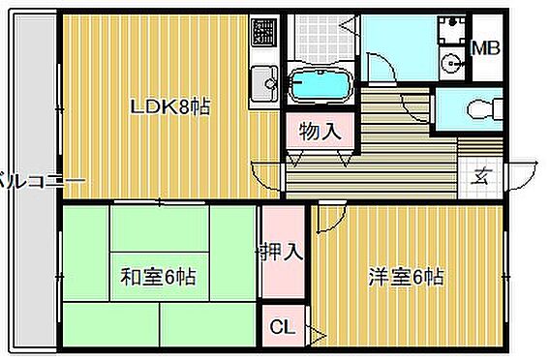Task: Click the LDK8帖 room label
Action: tap(171, 106)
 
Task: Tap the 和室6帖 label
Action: tap(158, 278)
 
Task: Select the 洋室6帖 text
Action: tap(407, 278)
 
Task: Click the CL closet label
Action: tap(281, 327)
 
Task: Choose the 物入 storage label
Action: tap(320, 131)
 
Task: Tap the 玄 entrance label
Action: tap(480, 175)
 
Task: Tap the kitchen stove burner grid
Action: tap(262, 34)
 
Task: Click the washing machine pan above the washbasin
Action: tap(451, 30)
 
